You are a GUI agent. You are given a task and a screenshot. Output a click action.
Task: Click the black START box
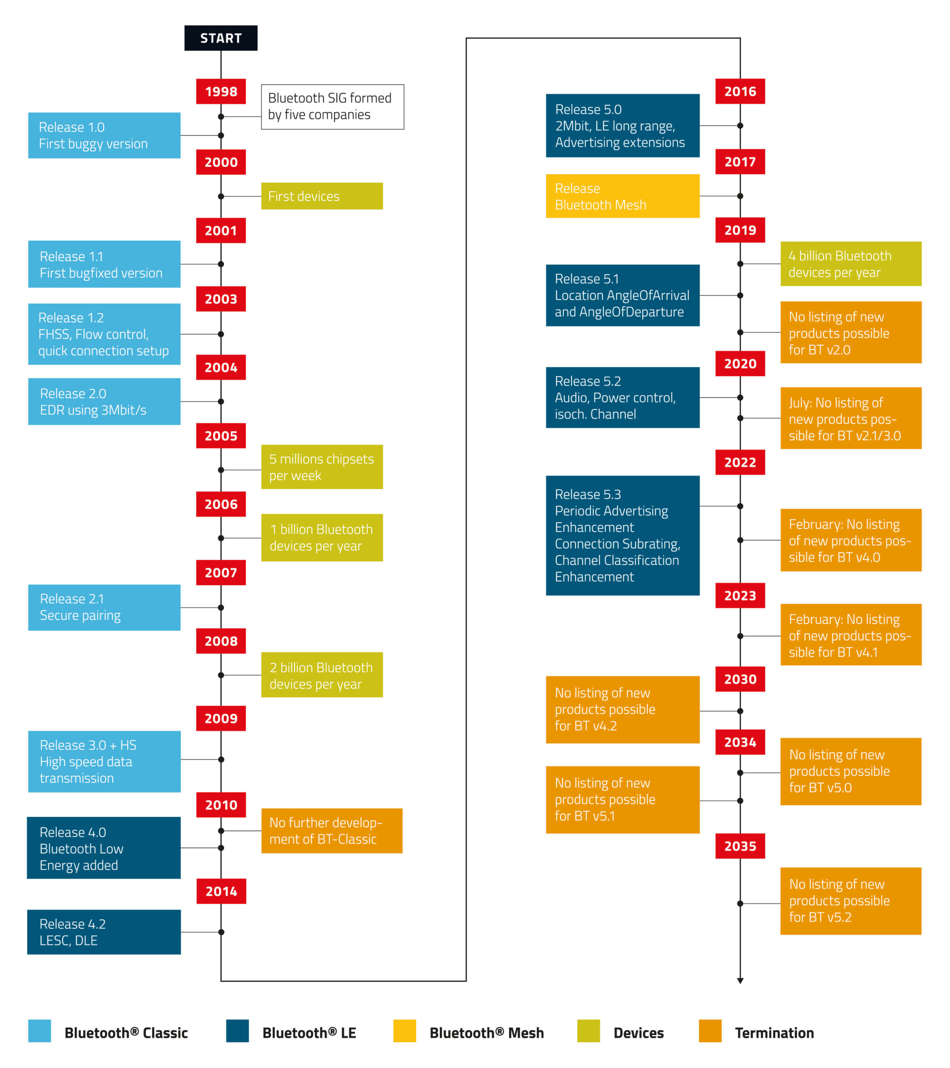click(x=221, y=38)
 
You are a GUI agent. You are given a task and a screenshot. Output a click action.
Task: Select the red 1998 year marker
click(x=221, y=91)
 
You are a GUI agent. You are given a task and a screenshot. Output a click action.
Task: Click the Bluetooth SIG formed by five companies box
click(x=333, y=106)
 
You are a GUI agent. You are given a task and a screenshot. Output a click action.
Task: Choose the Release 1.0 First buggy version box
click(x=104, y=135)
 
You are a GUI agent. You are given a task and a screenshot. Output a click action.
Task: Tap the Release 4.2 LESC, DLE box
click(x=104, y=932)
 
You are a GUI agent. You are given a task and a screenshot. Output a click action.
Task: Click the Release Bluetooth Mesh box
click(x=622, y=196)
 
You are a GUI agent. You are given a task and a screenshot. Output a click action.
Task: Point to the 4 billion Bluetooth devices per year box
click(x=850, y=264)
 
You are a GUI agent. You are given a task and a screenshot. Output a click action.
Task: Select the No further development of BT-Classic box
click(x=331, y=831)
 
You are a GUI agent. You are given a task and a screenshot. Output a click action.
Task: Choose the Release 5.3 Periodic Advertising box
click(x=622, y=535)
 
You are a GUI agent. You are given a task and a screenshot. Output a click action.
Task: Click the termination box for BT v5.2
click(x=850, y=901)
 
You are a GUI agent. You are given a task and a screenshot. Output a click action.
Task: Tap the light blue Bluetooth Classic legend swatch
click(x=40, y=1031)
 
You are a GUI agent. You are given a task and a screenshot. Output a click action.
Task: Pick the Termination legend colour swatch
click(x=710, y=1031)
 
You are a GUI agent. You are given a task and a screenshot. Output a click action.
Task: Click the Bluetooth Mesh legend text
click(x=486, y=1033)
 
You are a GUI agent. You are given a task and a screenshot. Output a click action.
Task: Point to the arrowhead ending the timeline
click(x=740, y=981)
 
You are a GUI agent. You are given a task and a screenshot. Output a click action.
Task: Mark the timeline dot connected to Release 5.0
click(x=740, y=126)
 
